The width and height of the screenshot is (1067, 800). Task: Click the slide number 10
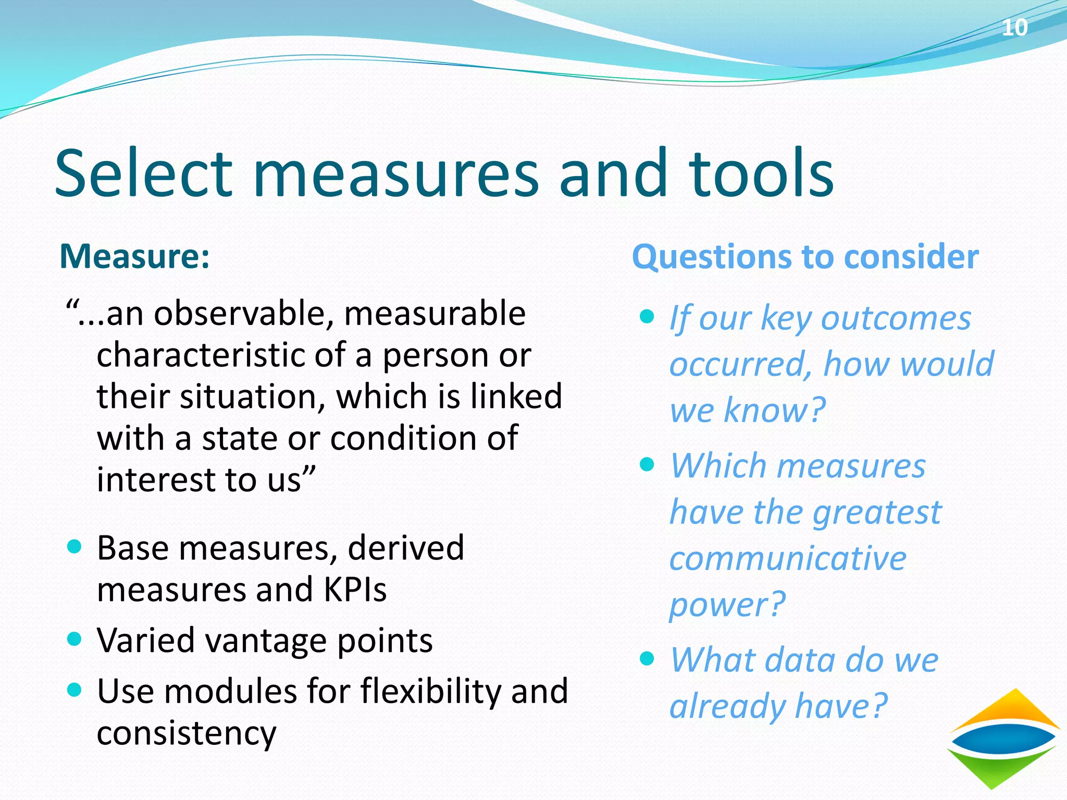pyautogui.click(x=1014, y=27)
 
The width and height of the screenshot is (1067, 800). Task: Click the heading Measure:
pyautogui.click(x=135, y=256)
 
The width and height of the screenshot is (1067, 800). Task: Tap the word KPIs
pyautogui.click(x=355, y=590)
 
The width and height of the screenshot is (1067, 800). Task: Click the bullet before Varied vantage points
pyautogui.click(x=75, y=639)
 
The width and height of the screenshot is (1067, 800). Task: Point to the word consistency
pyautogui.click(x=187, y=733)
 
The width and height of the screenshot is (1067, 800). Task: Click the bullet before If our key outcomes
pyautogui.click(x=647, y=316)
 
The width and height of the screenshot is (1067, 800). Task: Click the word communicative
pyautogui.click(x=788, y=558)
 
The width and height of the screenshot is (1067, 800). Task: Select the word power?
pyautogui.click(x=727, y=605)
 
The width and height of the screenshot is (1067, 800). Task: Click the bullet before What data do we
pyautogui.click(x=647, y=658)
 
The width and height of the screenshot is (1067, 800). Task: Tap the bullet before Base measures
pyautogui.click(x=75, y=546)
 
